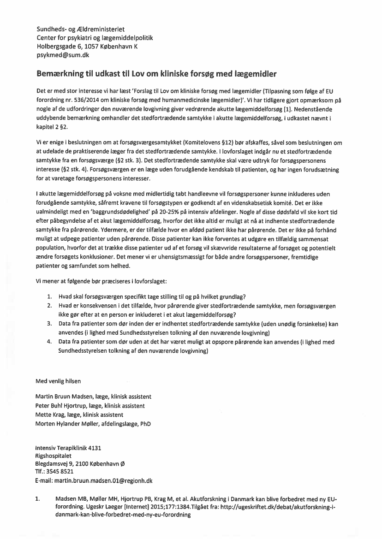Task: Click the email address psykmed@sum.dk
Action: [63, 55]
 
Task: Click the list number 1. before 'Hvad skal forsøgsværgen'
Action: [49, 296]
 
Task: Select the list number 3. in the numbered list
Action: [49, 324]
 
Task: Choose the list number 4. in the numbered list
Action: [49, 342]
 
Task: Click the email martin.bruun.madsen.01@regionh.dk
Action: [107, 481]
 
